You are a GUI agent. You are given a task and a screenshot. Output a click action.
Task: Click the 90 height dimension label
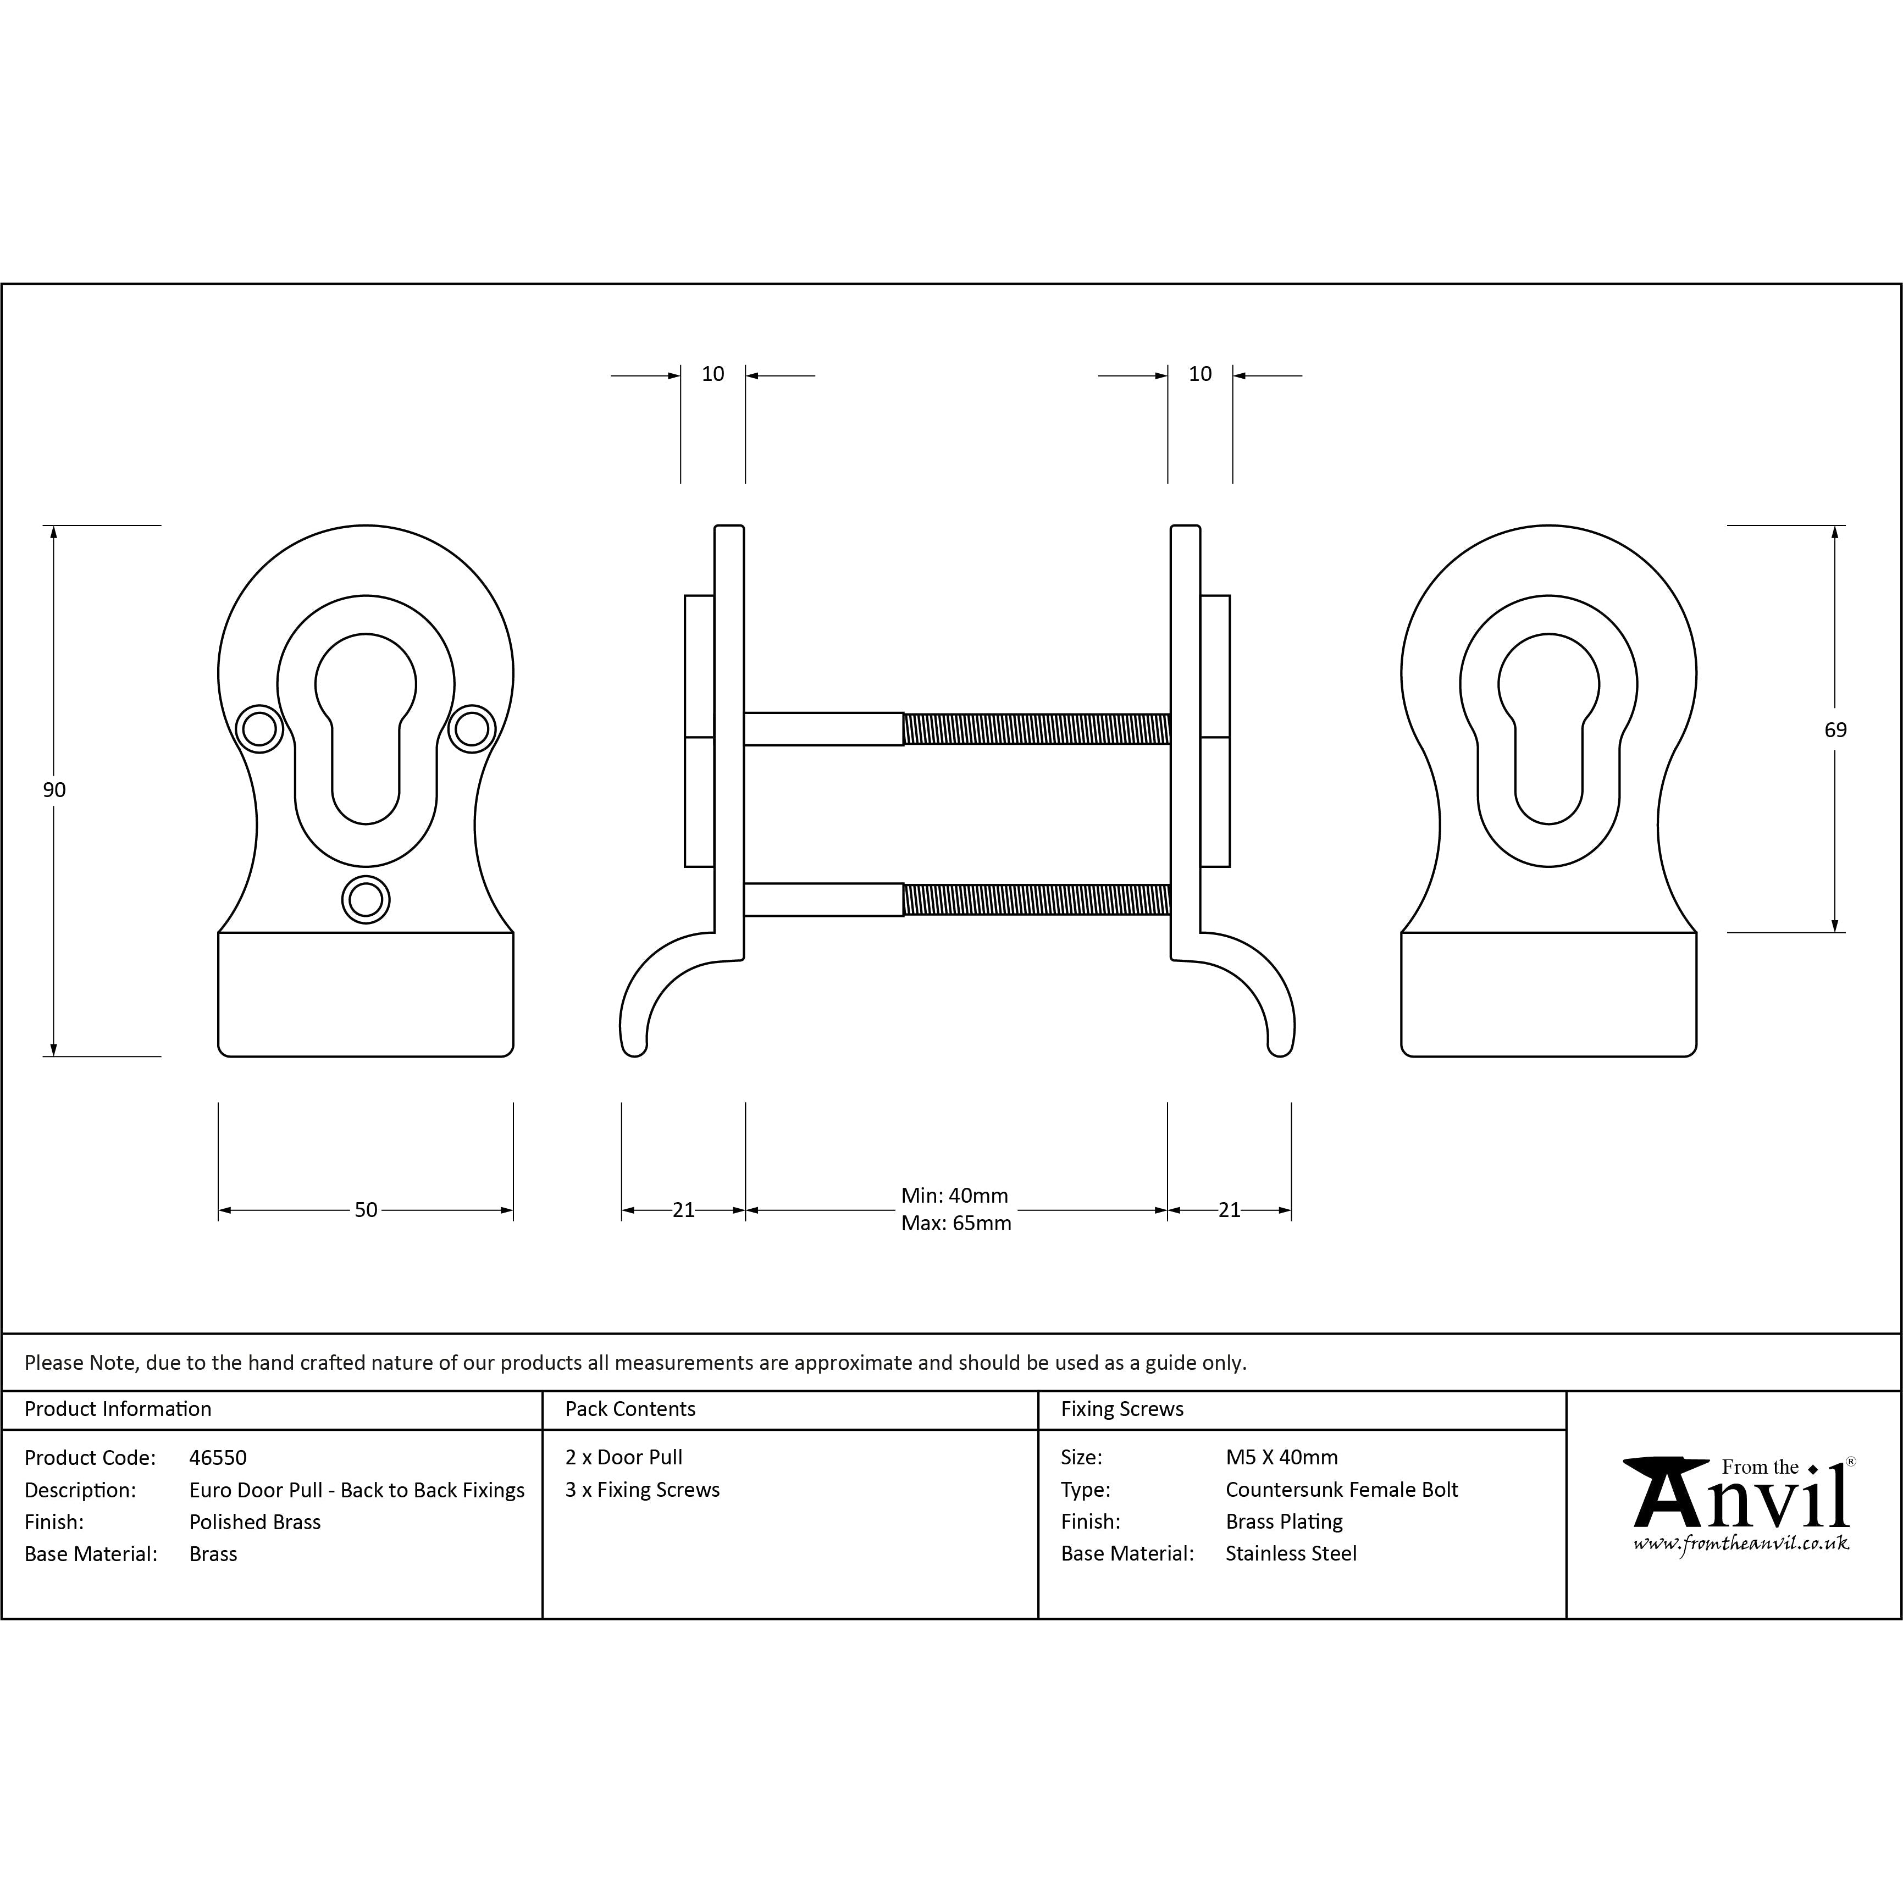54,790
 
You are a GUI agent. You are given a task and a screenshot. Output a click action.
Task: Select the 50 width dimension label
366,1209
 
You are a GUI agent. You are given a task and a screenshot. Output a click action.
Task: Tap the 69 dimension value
1835,730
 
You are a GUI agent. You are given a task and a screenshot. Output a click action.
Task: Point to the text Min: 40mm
954,1196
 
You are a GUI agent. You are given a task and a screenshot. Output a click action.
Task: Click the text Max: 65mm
955,1224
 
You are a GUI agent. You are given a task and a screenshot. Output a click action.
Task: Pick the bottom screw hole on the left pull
366,899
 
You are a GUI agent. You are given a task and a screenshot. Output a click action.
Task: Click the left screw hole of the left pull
260,729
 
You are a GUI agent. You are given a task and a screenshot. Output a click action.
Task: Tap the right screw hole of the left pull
472,729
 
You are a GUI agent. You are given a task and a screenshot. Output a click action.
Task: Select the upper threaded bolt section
1036,729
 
